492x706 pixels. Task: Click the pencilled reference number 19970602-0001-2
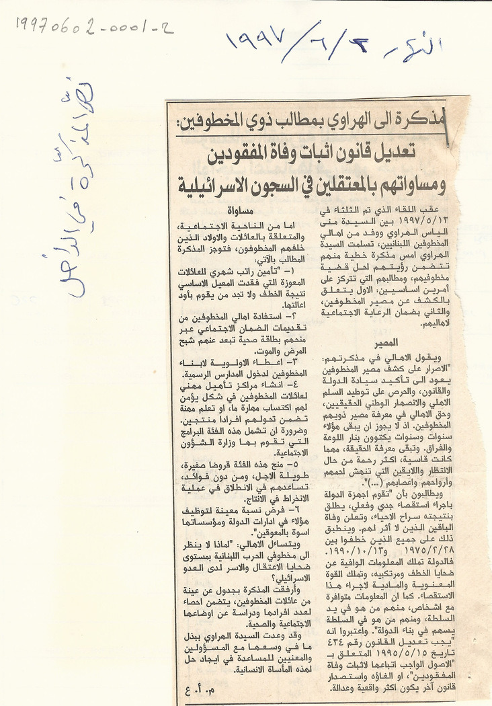tap(95, 27)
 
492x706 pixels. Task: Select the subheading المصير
tap(387, 342)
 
